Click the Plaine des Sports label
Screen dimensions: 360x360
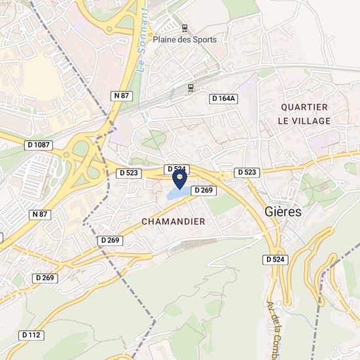185,39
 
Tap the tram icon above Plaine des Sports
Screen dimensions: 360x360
185,28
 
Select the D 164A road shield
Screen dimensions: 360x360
223,98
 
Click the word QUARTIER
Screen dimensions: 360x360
304,107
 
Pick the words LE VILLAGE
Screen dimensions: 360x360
304,121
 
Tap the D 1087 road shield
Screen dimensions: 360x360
39,144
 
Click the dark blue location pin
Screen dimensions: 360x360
179,177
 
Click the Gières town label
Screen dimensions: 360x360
284,212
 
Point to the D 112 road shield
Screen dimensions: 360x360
31,334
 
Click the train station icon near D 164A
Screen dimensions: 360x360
190,86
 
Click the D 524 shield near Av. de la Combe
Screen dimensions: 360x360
277,260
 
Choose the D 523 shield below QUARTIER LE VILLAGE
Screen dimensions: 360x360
247,172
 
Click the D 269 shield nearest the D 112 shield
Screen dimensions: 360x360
45,278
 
